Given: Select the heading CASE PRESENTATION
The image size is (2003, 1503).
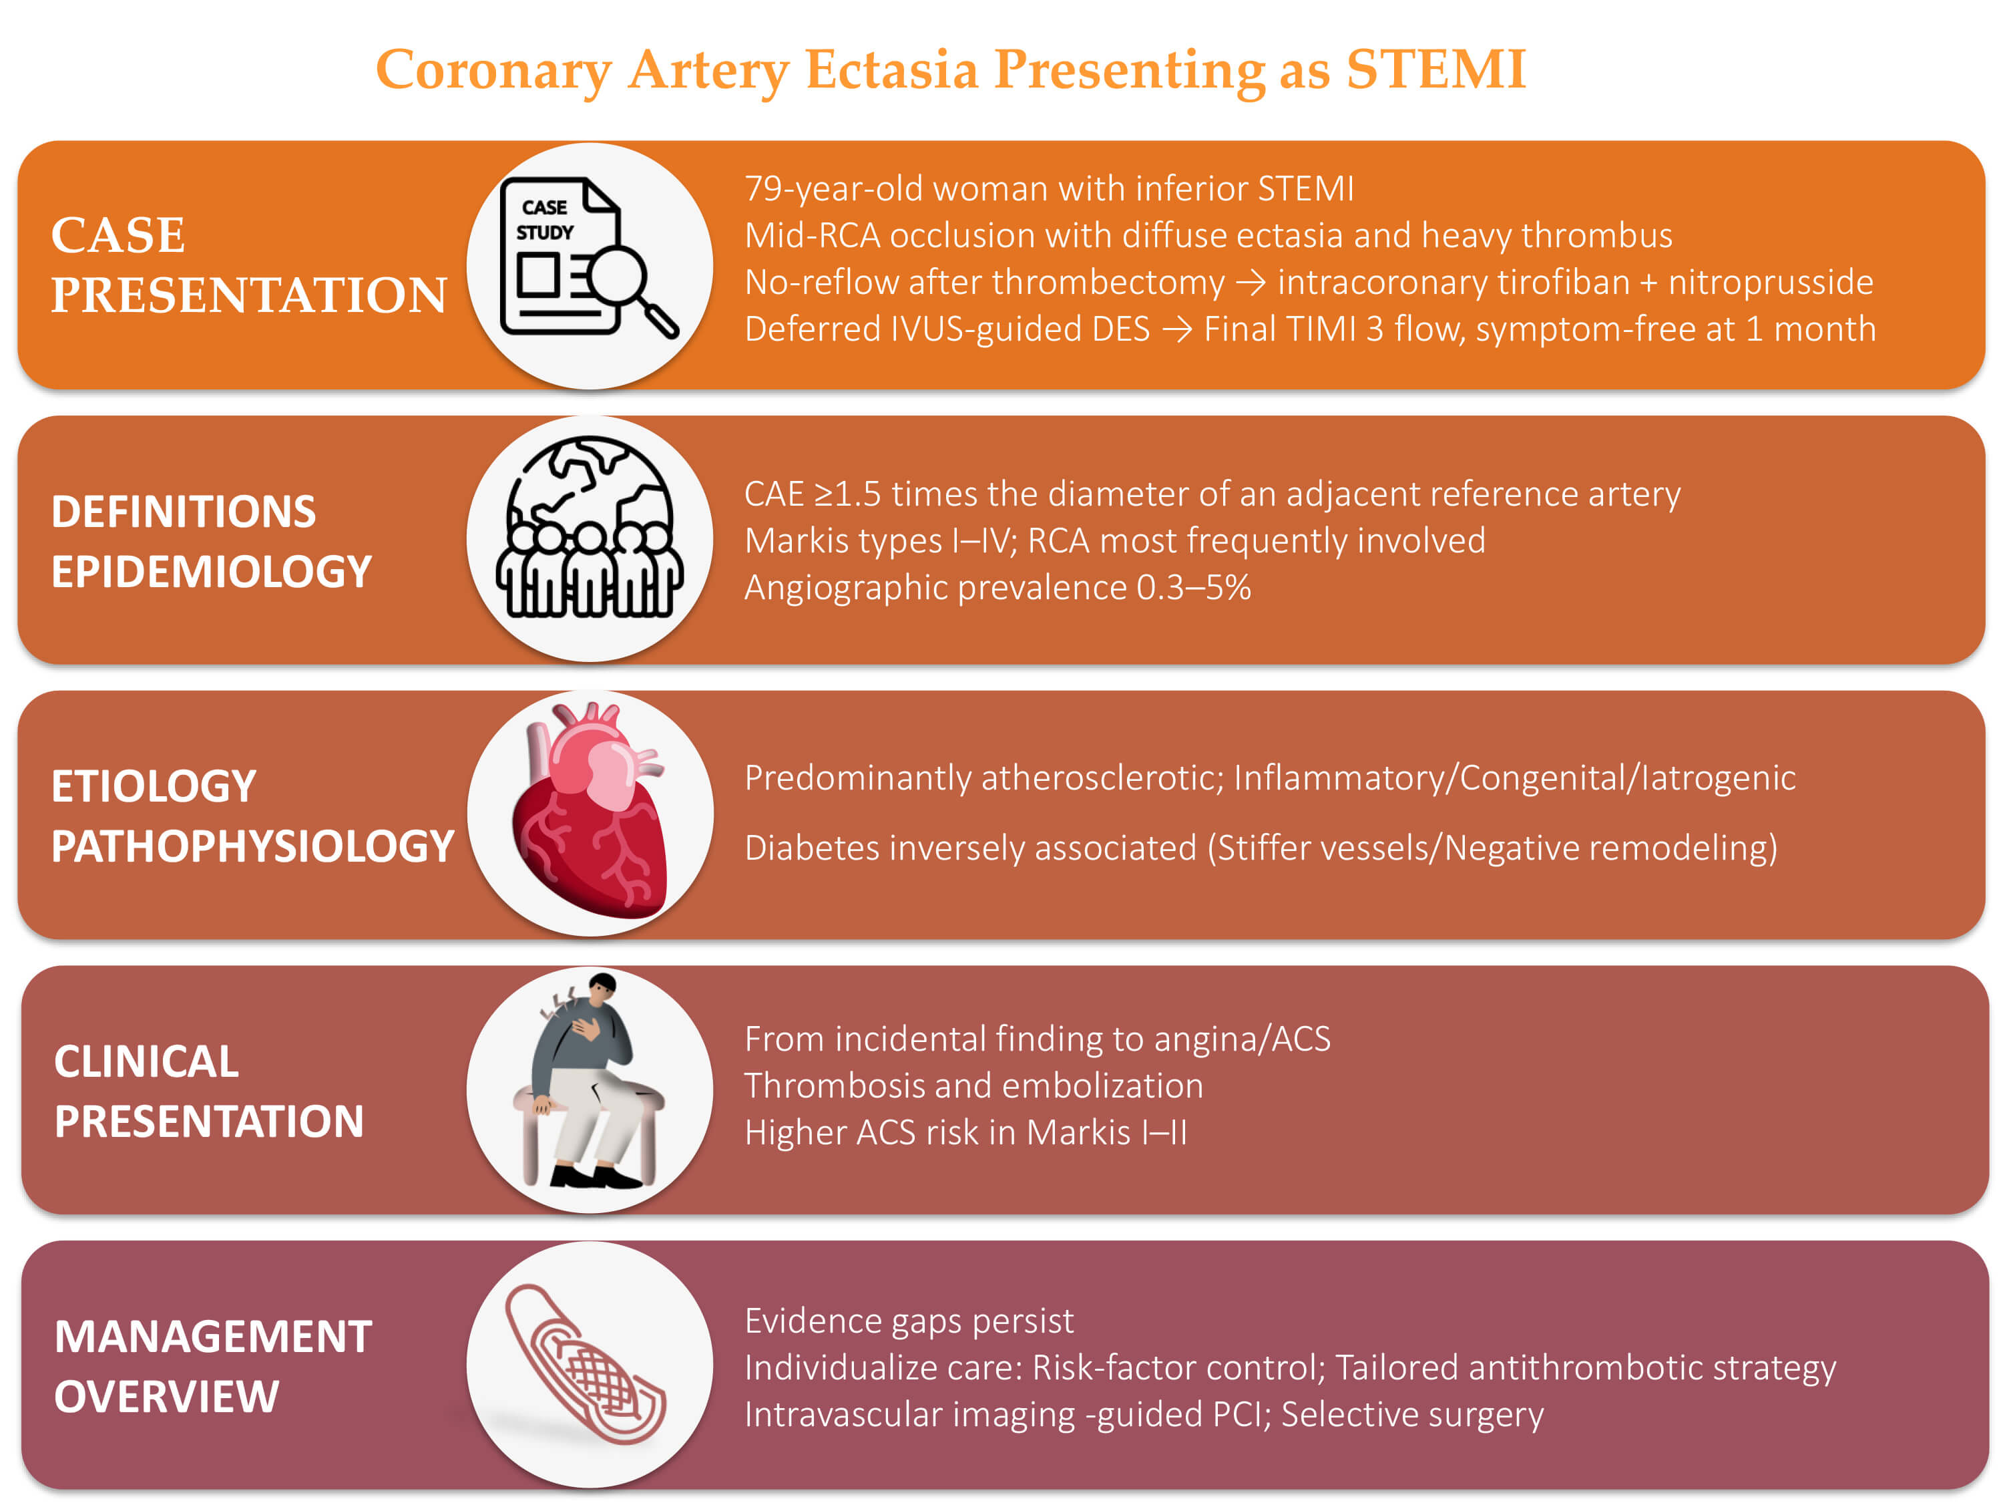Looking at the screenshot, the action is pyautogui.click(x=249, y=265).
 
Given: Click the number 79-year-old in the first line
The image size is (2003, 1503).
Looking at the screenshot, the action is pyautogui.click(x=833, y=188).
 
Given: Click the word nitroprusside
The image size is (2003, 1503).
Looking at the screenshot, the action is pyautogui.click(x=1771, y=283).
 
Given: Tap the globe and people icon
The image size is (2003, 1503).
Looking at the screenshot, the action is pyautogui.click(x=590, y=526).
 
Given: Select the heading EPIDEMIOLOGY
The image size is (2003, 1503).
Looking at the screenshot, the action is pyautogui.click(x=212, y=572).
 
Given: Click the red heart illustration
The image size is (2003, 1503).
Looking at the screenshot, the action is pyautogui.click(x=590, y=809).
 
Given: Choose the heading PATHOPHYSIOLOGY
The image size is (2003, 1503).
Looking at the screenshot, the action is pyautogui.click(x=252, y=846).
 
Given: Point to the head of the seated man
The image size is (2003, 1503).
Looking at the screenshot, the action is pyautogui.click(x=602, y=986).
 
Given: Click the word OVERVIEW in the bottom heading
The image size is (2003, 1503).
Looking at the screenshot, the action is pyautogui.click(x=167, y=1396).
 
